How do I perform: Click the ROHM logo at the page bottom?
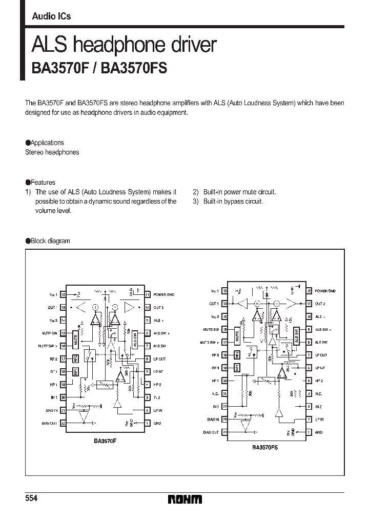tap(184, 499)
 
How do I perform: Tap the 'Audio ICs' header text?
tap(51, 16)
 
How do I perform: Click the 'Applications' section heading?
tap(47, 143)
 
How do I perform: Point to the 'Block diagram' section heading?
tap(50, 241)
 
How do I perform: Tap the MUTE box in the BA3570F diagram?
tap(75, 339)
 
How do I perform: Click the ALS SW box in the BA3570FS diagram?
tap(296, 336)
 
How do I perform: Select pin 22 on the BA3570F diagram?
tap(64, 423)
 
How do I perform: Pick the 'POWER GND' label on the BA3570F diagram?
tap(163, 295)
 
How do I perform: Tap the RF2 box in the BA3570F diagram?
tap(75, 358)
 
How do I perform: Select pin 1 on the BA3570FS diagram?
tap(309, 432)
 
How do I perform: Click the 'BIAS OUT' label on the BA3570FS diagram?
tap(211, 432)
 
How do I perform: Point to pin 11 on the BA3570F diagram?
tap(147, 295)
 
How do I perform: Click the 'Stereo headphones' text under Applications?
tap(52, 153)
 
